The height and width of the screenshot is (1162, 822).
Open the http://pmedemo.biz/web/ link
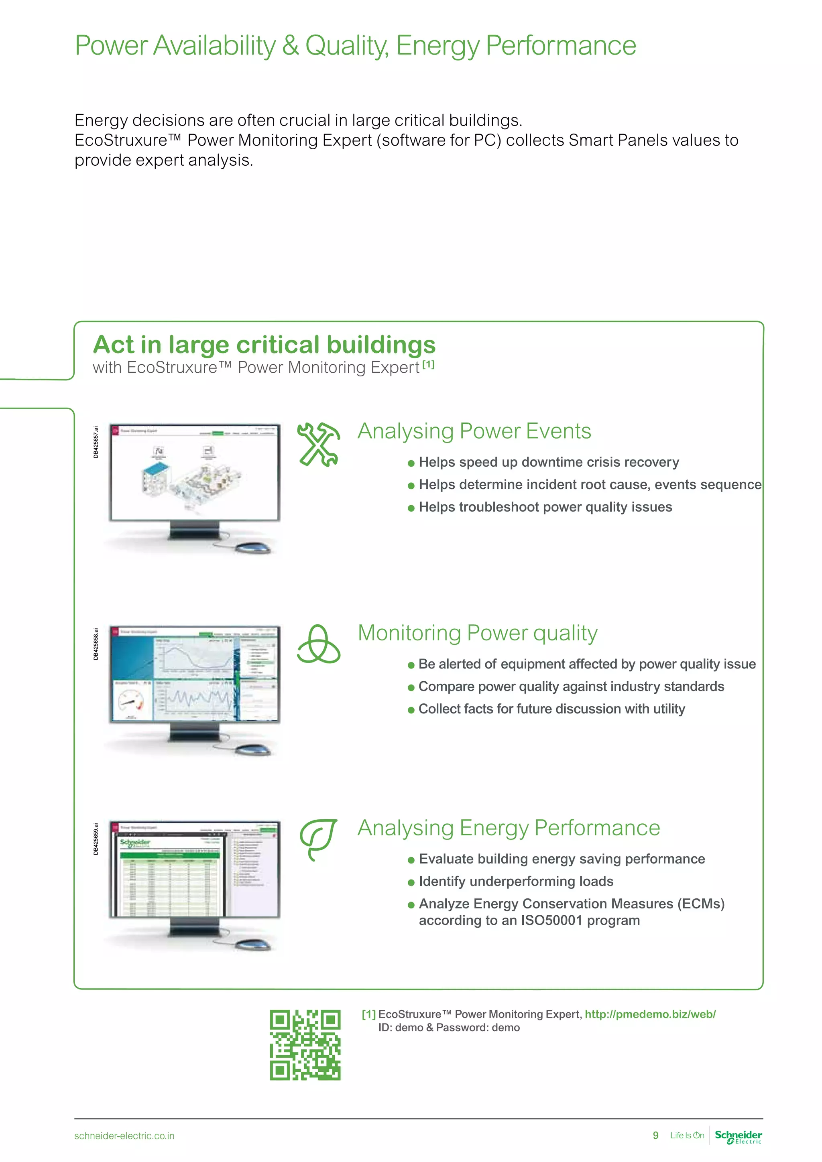click(650, 1014)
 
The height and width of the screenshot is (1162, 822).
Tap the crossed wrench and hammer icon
click(318, 444)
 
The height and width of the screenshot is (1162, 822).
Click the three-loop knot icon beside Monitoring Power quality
click(318, 644)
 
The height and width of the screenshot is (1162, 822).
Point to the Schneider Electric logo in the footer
click(738, 1136)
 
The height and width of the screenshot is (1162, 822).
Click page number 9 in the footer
click(655, 1135)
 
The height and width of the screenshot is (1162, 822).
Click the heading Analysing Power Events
click(474, 431)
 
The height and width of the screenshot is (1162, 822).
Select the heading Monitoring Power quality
click(477, 633)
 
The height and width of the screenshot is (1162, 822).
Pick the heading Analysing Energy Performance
click(509, 828)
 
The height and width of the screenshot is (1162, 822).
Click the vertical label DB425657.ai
click(96, 442)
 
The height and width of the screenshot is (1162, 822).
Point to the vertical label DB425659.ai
click(96, 839)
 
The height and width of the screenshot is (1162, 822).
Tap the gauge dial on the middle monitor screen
click(130, 701)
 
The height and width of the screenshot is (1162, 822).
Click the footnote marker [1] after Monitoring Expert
click(428, 364)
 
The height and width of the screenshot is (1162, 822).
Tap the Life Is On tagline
click(687, 1135)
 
